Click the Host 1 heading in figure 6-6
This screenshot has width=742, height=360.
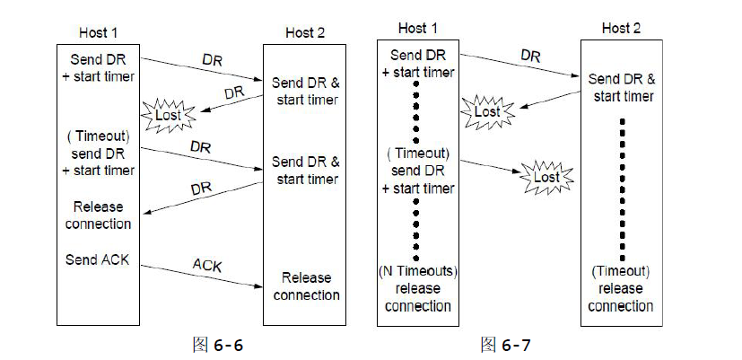(100, 32)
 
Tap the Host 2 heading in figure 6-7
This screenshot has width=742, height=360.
(621, 28)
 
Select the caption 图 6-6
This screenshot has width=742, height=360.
(218, 346)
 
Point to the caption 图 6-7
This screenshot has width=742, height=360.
(506, 345)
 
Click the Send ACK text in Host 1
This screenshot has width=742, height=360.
(99, 259)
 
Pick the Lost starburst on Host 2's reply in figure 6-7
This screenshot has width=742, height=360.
(487, 111)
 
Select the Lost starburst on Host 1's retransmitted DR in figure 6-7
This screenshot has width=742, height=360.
(546, 178)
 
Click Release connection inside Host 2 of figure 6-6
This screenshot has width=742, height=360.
(306, 286)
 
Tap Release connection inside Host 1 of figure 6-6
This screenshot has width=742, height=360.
(99, 215)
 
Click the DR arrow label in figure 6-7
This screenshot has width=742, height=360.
(530, 57)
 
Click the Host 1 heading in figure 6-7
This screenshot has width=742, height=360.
(417, 28)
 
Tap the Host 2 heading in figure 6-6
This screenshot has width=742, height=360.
(306, 32)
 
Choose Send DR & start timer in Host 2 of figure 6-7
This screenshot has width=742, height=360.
(621, 87)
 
